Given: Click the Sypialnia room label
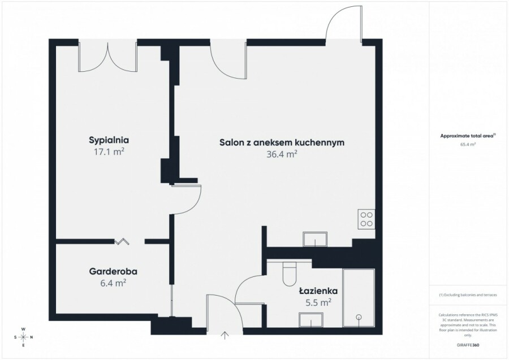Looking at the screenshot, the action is (109, 140).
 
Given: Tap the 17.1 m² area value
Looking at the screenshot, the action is (109, 152).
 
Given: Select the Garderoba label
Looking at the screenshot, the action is (113, 271).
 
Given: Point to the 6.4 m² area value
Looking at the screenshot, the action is (113, 283).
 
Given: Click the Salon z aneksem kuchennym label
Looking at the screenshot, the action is (282, 142).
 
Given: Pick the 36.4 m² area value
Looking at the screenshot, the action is (282, 154).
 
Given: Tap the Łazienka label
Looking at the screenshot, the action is (318, 290).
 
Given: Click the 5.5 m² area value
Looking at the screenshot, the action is (318, 303).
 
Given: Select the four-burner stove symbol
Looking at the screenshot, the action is (366, 219).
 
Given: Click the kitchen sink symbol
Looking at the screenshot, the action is (315, 240).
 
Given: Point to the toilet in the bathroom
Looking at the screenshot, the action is (290, 274).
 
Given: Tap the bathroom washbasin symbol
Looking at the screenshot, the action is (311, 320).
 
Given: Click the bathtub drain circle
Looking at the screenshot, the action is (359, 317).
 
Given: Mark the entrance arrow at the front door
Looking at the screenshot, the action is (225, 335).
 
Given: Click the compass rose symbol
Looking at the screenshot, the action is (23, 337).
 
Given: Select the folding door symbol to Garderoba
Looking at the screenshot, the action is (122, 241).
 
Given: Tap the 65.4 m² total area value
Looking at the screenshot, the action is (468, 145).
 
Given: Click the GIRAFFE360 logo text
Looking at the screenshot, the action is (468, 345).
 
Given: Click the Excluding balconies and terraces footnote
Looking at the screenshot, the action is (468, 295).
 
